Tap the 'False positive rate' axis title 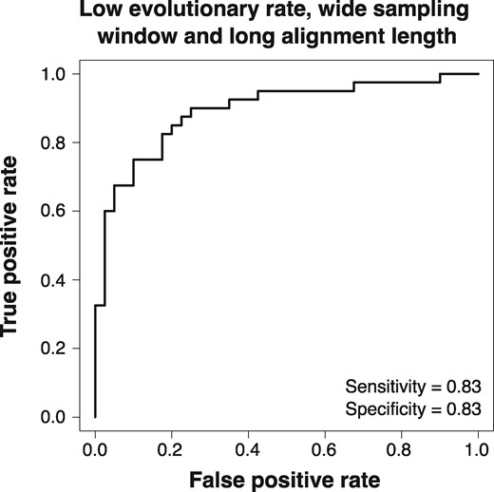[285, 476]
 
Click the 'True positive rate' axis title [18, 245]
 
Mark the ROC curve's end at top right [478, 73]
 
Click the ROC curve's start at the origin [95, 417]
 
